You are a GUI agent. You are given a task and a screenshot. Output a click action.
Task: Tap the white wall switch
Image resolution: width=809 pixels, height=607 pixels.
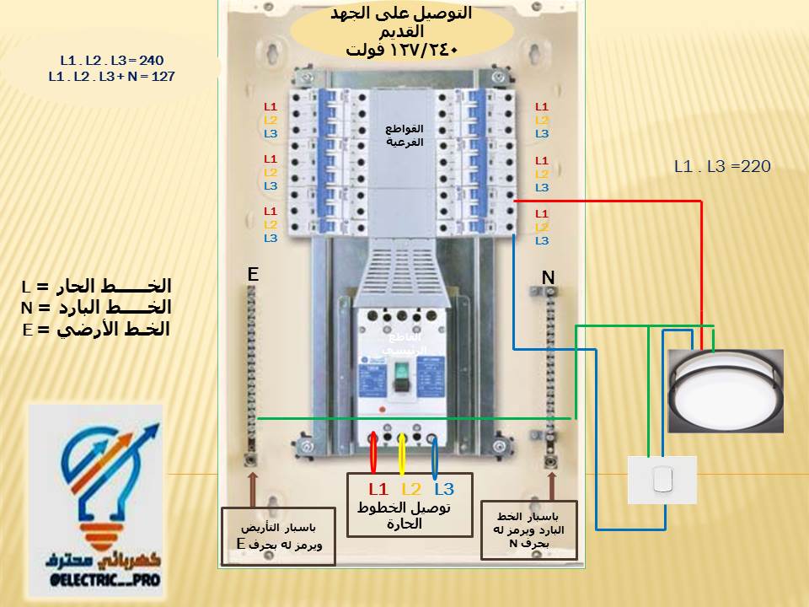coord(662,481)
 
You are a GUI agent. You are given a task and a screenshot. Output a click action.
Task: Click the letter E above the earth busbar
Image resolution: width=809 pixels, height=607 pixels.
coord(252,275)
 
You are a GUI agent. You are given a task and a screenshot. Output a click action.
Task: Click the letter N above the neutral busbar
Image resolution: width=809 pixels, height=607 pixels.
coord(548,277)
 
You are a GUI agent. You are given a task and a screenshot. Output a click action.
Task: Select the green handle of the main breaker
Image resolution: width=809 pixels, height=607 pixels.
coord(402,372)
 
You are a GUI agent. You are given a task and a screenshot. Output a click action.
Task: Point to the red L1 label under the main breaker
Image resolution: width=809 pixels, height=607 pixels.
coord(378,489)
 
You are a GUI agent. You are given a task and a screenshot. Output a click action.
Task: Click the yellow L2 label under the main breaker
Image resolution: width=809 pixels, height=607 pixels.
coord(411,489)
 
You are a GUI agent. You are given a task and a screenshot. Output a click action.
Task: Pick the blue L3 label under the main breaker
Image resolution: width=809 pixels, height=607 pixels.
coord(444,489)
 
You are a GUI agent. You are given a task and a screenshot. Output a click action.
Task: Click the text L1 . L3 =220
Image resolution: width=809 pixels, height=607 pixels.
coord(722,167)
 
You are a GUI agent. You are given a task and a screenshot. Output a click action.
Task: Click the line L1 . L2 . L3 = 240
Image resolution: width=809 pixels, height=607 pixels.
coord(111,61)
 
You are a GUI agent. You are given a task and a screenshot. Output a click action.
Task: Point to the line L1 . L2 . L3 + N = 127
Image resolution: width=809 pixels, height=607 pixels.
coord(111,76)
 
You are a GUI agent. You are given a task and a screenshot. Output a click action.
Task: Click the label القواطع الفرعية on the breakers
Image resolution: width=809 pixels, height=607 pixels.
coord(404,136)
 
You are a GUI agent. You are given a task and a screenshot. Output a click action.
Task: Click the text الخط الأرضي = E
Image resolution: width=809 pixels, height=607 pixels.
coord(96,329)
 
